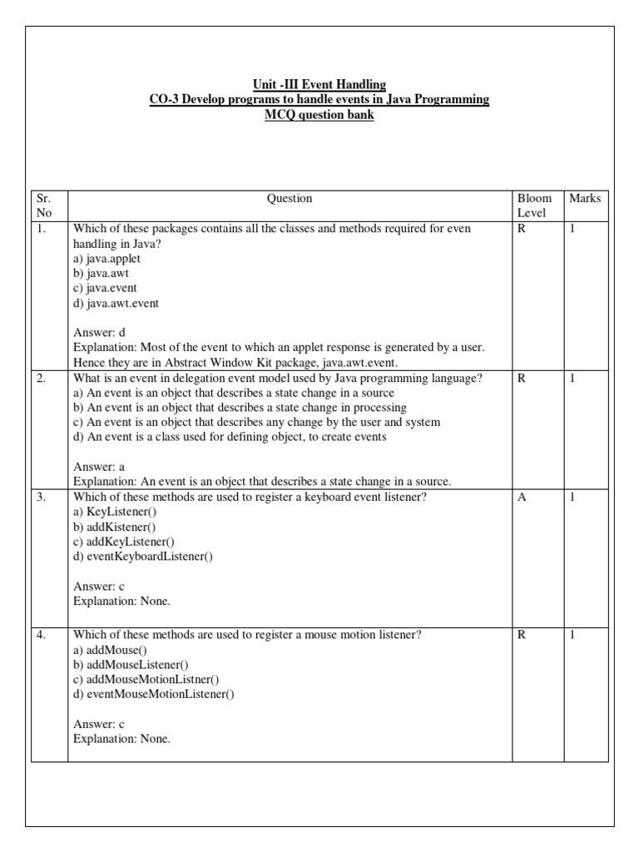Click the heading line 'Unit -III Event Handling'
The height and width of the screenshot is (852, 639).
point(319,84)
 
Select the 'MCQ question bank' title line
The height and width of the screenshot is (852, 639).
point(319,115)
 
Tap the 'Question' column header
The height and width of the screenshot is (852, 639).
point(290,199)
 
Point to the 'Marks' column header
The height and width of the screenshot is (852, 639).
point(585,199)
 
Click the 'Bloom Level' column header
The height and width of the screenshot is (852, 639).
point(534,206)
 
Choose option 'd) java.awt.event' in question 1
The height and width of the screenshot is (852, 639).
point(116,304)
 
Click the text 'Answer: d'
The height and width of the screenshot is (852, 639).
point(99,334)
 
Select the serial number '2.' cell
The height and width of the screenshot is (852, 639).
point(41,379)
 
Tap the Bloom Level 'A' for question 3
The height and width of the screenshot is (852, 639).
point(522,498)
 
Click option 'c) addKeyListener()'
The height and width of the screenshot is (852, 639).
point(124,542)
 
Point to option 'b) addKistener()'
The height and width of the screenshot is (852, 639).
point(115,528)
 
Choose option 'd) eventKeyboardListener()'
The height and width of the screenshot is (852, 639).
point(143,557)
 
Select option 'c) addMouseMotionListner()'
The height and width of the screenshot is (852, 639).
point(146,679)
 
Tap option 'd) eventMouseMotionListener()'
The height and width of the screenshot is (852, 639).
point(154,694)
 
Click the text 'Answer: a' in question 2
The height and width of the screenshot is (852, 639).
point(99,468)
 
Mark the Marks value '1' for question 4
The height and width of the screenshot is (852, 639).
point(572,635)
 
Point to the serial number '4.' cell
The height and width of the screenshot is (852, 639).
point(41,635)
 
